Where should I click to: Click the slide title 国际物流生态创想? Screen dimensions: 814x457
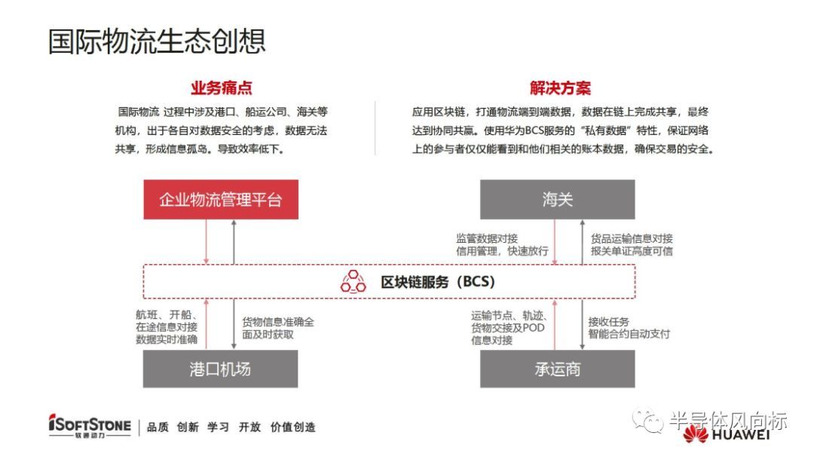point(157,41)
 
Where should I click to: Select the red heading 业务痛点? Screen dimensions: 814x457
point(221,88)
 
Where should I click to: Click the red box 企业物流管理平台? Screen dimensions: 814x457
point(221,200)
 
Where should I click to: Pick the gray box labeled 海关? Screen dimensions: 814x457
point(558,200)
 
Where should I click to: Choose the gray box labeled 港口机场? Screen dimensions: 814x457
point(221,369)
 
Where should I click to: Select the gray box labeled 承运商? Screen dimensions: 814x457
point(558,369)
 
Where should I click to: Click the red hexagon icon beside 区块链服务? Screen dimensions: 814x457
point(353,282)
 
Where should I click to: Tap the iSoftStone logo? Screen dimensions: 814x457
point(89,426)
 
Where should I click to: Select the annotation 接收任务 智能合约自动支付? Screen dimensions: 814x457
point(629,327)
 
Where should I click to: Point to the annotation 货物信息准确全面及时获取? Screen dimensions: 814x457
point(278,327)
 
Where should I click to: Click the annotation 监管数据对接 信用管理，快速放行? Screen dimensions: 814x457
point(502,244)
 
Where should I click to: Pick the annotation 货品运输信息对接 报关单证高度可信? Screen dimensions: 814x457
point(632,244)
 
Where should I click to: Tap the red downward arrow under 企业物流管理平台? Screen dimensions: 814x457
point(206,242)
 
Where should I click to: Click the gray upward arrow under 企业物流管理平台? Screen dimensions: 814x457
point(234,242)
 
